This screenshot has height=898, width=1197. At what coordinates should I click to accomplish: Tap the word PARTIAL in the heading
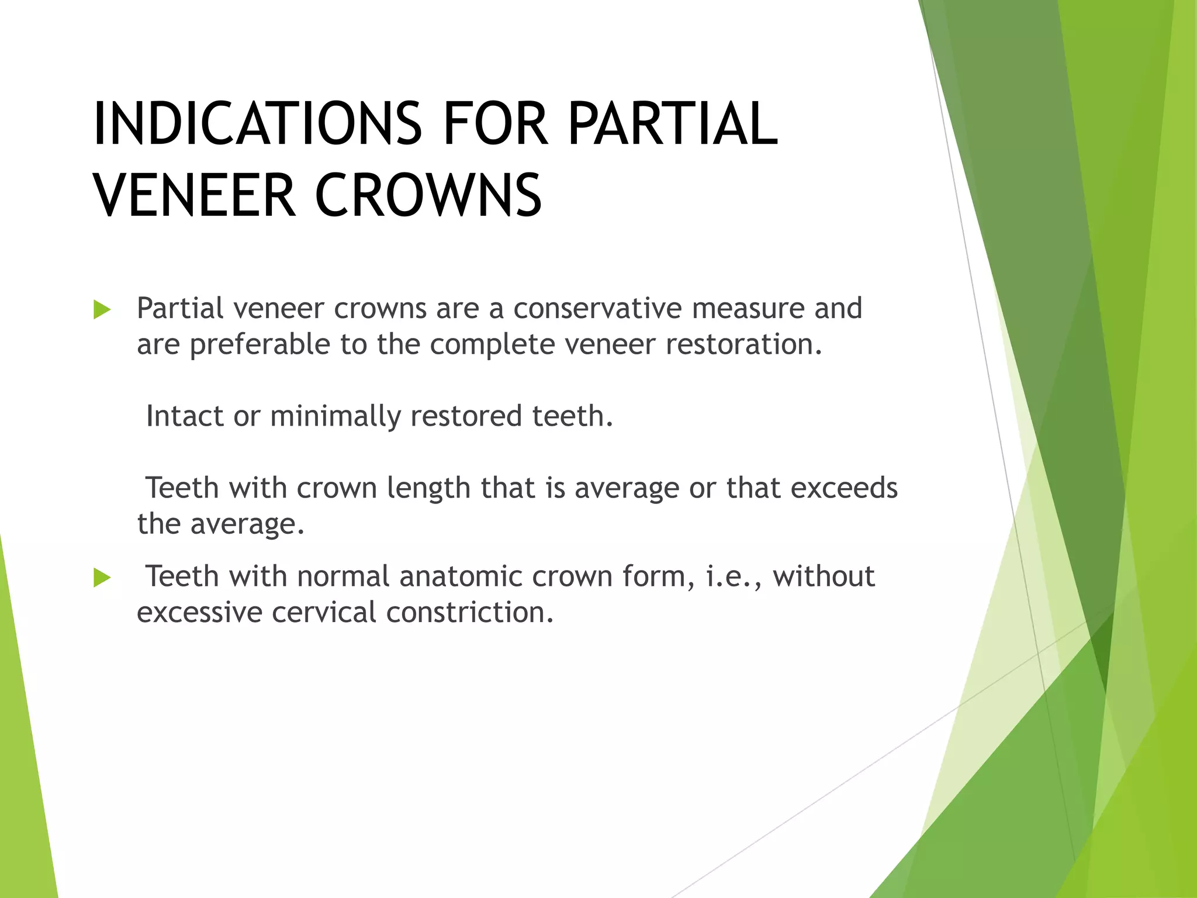672,124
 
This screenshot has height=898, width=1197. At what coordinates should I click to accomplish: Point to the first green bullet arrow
102,310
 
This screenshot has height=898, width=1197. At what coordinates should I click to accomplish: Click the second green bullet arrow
102,578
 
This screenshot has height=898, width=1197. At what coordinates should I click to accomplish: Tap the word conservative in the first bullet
597,309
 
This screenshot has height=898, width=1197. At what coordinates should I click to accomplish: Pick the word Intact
185,416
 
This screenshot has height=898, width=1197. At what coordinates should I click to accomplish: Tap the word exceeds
843,488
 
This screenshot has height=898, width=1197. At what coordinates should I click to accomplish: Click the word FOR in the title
496,124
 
